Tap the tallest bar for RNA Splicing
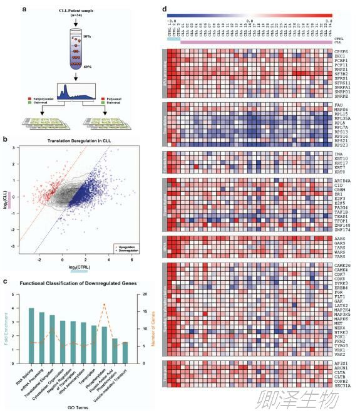pos(31,335)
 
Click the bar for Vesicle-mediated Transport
pos(125,352)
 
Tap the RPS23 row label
pos(342,145)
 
